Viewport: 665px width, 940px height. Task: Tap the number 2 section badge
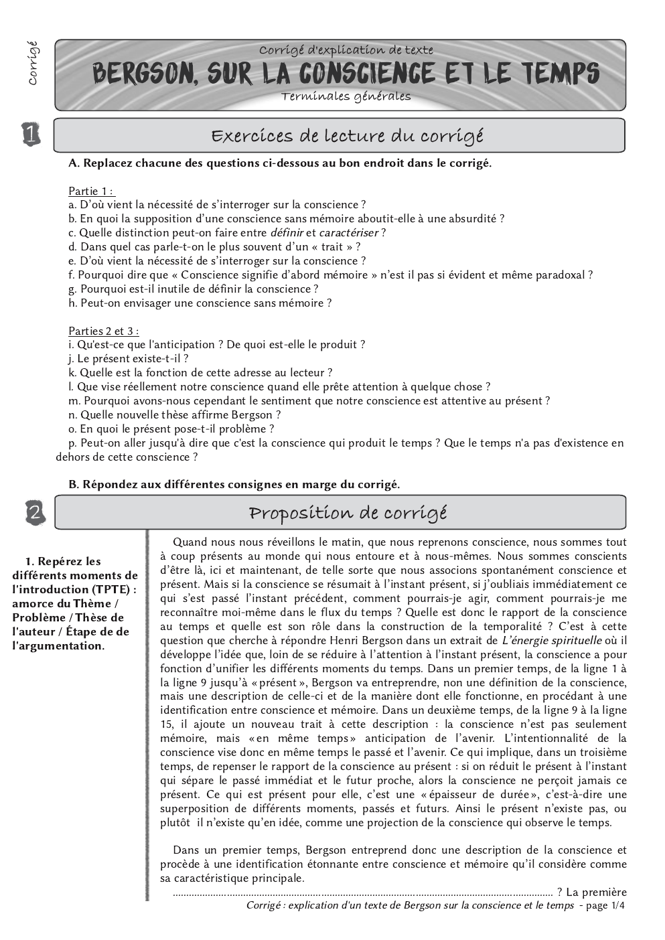point(34,513)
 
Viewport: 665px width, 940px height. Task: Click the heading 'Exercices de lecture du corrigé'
point(347,136)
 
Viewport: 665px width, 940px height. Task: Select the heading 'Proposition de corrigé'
point(347,514)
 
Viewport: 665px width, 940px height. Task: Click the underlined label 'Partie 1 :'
point(92,191)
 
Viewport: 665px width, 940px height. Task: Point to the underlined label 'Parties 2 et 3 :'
point(104,331)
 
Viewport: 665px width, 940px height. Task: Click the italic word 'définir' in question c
point(286,233)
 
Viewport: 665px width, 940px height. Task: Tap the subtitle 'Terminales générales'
point(346,96)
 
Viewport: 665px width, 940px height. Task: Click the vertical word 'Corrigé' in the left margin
point(31,64)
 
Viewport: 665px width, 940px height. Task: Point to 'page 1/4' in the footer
point(605,905)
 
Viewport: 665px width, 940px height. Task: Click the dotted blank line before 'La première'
point(362,892)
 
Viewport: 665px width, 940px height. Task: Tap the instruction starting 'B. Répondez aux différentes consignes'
point(234,484)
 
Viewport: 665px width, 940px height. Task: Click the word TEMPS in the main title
point(559,73)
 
